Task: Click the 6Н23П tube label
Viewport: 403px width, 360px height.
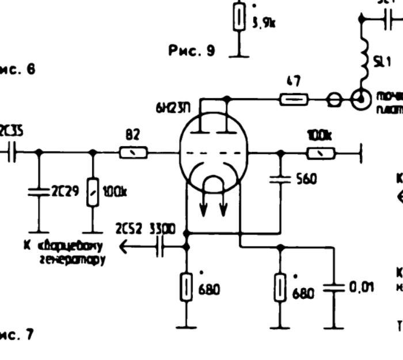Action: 172,108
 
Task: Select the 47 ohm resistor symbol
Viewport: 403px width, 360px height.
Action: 293,100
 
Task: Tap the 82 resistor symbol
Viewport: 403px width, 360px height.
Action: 134,153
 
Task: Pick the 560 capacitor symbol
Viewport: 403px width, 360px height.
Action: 280,180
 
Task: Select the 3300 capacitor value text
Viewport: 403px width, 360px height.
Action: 162,229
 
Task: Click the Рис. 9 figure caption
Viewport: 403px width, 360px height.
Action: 192,51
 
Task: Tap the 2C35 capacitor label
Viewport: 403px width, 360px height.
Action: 12,131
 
